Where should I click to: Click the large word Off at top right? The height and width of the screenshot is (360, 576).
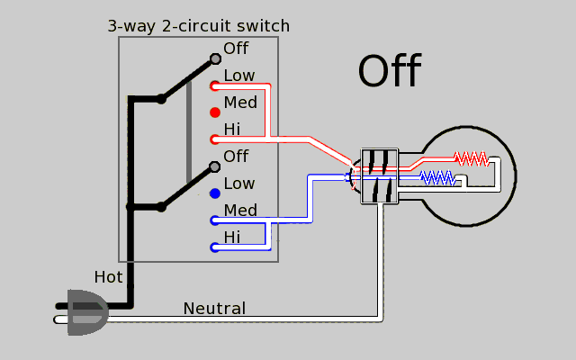click(x=390, y=72)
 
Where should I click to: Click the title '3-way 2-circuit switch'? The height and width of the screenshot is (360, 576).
click(x=198, y=25)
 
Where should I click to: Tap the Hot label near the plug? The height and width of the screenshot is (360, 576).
click(x=108, y=277)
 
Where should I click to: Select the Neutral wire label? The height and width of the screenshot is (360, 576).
click(x=214, y=309)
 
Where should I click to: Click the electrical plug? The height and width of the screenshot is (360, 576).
click(x=84, y=312)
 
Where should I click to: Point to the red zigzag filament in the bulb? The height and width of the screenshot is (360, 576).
click(x=471, y=158)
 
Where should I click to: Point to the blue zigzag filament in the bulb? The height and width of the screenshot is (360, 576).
click(x=438, y=177)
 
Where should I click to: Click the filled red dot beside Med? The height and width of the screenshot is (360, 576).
click(x=215, y=112)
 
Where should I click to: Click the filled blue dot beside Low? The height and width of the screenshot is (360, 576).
click(x=215, y=193)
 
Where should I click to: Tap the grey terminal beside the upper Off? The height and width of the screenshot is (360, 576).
click(x=215, y=59)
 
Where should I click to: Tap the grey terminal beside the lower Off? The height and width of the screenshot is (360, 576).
click(x=215, y=166)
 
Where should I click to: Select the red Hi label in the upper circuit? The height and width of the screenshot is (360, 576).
click(x=232, y=130)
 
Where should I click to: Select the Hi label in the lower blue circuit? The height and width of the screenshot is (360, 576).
click(x=232, y=238)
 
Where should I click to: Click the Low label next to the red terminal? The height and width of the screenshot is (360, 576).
click(x=238, y=76)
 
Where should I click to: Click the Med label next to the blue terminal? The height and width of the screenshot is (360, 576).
click(x=240, y=211)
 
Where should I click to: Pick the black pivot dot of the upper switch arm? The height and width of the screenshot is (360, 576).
click(x=161, y=98)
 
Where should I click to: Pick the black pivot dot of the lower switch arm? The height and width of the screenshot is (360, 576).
click(x=161, y=206)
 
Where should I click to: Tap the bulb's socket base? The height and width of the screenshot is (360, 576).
click(x=378, y=175)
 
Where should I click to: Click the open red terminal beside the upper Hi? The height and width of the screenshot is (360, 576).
click(x=215, y=139)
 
